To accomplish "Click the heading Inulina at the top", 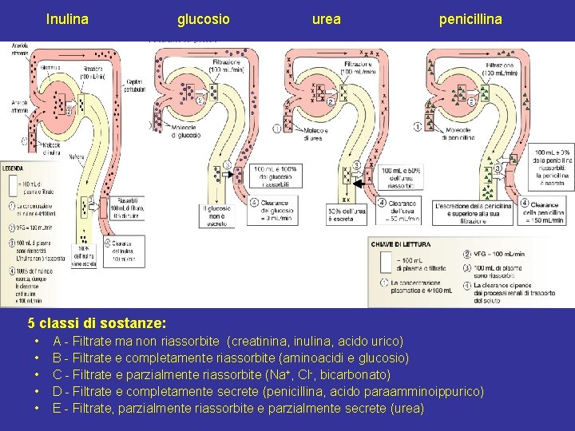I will coord(67,18).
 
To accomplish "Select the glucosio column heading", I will coord(203,18).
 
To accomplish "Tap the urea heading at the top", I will coord(326,18).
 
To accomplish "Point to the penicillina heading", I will coord(470,18).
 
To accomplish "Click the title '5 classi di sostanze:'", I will coord(97,324).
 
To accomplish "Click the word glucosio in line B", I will coord(384,358).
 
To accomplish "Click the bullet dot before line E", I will coord(37,409).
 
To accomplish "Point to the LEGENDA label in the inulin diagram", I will coord(13,168).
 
